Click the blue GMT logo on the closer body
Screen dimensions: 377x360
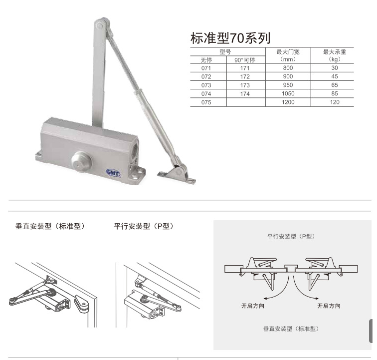113,172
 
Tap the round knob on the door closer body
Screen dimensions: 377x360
81,162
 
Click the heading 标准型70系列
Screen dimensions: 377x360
230,38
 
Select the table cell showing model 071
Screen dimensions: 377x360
206,68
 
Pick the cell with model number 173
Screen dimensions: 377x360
245,85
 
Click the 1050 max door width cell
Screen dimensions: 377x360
288,94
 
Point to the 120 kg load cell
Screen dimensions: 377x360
335,102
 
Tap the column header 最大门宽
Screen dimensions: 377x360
288,52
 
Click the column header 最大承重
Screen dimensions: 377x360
335,52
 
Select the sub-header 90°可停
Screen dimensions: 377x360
245,60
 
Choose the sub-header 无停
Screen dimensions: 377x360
206,60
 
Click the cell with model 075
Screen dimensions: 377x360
206,102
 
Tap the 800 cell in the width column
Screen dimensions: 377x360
288,68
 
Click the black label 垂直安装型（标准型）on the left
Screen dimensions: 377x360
50,226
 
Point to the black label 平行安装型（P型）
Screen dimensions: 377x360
144,226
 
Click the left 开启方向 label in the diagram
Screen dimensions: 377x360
253,306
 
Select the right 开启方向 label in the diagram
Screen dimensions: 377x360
329,306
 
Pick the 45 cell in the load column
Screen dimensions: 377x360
335,76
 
